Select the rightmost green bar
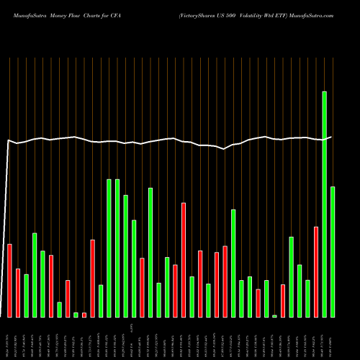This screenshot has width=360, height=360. (333, 251)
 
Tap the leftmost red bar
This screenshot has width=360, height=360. (9, 280)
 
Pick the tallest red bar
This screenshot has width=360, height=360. (184, 259)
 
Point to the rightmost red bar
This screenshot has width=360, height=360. (316, 271)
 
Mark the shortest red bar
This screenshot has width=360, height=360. (84, 315)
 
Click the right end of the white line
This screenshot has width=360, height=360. (331, 137)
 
